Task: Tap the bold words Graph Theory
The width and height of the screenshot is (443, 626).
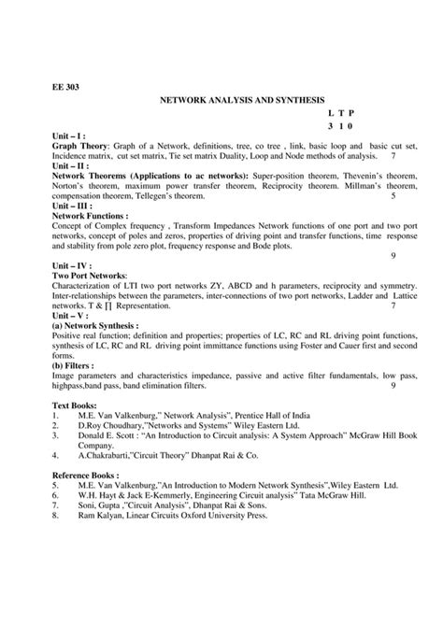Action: click(79, 146)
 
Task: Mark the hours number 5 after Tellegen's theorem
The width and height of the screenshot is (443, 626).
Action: click(393, 196)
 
